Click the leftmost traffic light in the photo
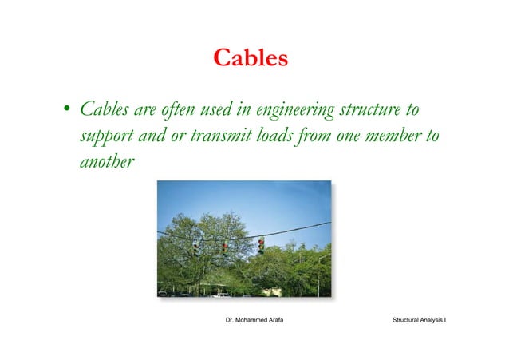click(196, 248)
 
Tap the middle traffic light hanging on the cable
click(225, 248)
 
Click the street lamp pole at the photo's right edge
click(322, 275)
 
